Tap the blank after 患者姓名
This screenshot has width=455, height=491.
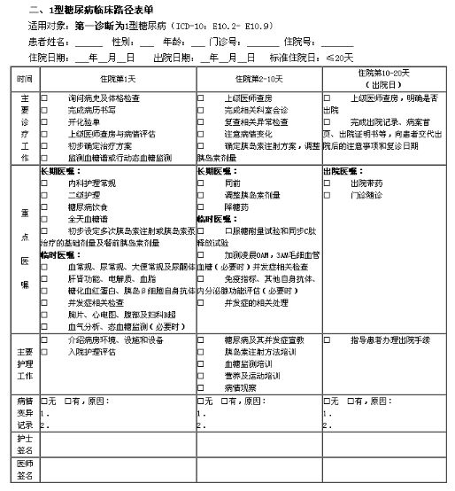click(x=89, y=42)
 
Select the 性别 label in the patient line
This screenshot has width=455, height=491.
click(x=124, y=41)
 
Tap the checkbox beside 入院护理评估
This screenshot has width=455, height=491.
click(x=45, y=352)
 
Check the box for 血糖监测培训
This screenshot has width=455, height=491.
click(x=202, y=363)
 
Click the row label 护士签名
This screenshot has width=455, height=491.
click(x=25, y=448)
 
